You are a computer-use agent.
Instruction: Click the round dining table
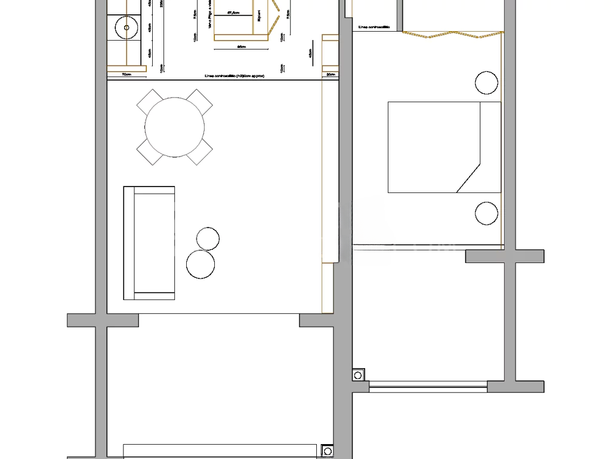pyautogui.click(x=175, y=127)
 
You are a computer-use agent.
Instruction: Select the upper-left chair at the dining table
pyautogui.click(x=149, y=102)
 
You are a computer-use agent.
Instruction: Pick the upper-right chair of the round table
pyautogui.click(x=200, y=102)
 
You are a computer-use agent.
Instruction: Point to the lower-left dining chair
pyautogui.click(x=149, y=152)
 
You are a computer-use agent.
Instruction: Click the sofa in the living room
pyautogui.click(x=149, y=243)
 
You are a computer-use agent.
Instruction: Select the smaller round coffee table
pyautogui.click(x=208, y=238)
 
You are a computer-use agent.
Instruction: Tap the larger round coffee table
pyautogui.click(x=200, y=264)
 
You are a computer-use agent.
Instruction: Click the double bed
pyautogui.click(x=444, y=147)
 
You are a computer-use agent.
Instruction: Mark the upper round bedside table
pyautogui.click(x=486, y=82)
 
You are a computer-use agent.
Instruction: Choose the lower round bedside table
pyautogui.click(x=486, y=213)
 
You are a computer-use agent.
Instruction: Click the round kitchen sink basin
pyautogui.click(x=126, y=27)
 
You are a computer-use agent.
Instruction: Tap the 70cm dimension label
pyautogui.click(x=126, y=75)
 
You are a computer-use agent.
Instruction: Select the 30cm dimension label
pyautogui.click(x=331, y=75)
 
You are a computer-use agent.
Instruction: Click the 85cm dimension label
pyautogui.click(x=242, y=46)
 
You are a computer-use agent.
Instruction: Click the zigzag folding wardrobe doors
pyautogui.click(x=450, y=35)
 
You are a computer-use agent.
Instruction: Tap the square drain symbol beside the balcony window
pyautogui.click(x=358, y=375)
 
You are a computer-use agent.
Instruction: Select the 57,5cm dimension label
pyautogui.click(x=234, y=13)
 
